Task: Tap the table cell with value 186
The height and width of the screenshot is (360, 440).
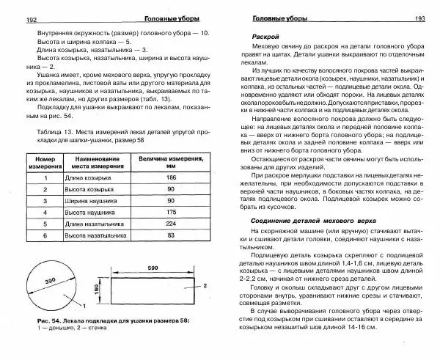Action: pos(171,178)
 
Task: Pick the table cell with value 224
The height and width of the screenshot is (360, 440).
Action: pos(171,222)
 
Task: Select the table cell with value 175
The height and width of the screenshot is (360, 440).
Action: pos(171,207)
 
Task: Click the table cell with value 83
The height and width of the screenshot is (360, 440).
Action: pos(171,236)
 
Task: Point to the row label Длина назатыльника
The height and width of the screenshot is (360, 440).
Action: pos(92,222)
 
